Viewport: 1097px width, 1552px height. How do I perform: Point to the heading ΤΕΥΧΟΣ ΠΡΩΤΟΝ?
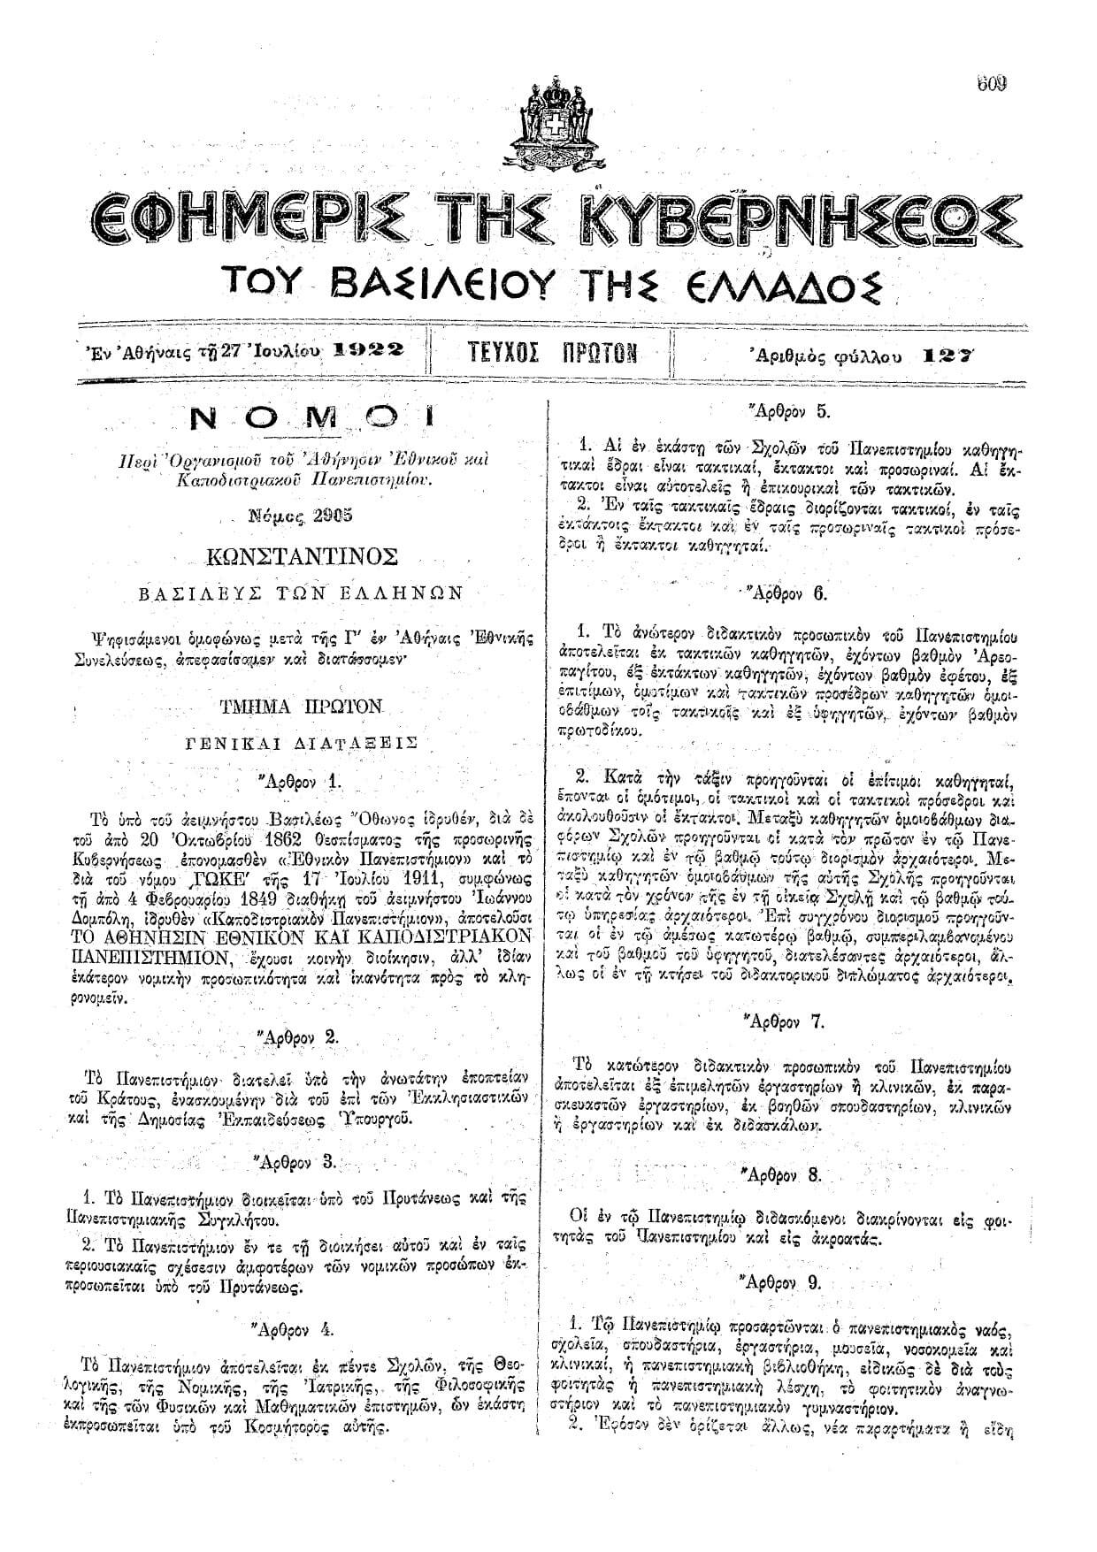(551, 353)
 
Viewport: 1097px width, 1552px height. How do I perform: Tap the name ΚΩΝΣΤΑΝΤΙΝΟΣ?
(300, 556)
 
